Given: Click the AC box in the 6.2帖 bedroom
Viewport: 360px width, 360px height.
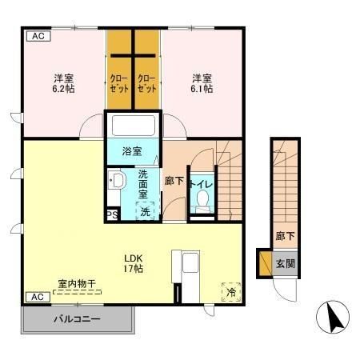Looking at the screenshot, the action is click(x=38, y=36).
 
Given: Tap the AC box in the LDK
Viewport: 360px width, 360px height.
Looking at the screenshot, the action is click(x=38, y=297).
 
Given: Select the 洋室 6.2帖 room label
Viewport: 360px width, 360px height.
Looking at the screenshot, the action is click(x=63, y=83).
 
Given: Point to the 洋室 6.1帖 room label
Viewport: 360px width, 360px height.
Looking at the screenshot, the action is click(x=202, y=83).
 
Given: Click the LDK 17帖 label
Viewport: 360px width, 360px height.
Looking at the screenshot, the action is click(x=134, y=263).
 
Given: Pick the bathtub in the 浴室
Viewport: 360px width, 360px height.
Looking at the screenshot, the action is click(x=134, y=126).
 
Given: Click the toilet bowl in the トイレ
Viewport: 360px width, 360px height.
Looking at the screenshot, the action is click(x=203, y=199).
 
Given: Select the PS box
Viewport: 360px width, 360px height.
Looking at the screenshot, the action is click(x=113, y=215).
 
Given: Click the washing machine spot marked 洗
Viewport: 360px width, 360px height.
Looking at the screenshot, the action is click(x=146, y=211).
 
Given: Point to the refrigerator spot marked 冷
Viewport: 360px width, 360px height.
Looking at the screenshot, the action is click(x=231, y=292).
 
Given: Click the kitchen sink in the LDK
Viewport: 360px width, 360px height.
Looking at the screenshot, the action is click(x=190, y=262).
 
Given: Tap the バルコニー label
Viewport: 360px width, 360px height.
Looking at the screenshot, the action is click(x=78, y=319).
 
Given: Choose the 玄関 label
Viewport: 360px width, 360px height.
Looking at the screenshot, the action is click(x=286, y=264).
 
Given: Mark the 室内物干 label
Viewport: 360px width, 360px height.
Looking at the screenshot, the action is click(x=77, y=284).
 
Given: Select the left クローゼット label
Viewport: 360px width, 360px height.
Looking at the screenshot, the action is click(x=119, y=83).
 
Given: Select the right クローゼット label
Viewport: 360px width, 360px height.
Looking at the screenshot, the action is click(x=146, y=83).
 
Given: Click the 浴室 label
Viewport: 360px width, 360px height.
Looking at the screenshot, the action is click(x=132, y=151).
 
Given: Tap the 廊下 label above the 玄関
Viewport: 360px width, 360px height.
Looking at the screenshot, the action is click(x=286, y=236).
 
